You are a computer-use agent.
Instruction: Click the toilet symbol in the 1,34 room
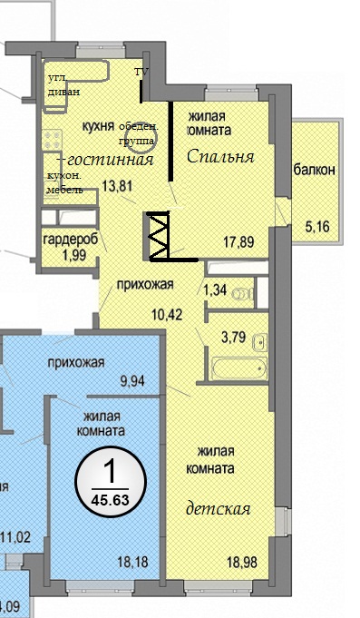click(x=243, y=294)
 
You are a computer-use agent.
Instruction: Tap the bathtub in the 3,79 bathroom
click(x=240, y=368)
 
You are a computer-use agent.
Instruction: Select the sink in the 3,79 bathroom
click(x=260, y=342)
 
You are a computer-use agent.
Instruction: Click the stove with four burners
click(x=53, y=140)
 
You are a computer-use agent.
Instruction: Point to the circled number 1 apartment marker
click(x=111, y=481)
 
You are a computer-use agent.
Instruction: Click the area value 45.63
click(x=111, y=501)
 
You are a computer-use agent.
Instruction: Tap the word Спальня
click(x=220, y=157)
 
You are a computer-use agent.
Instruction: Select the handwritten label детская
click(x=219, y=509)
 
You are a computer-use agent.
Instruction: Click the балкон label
click(x=315, y=170)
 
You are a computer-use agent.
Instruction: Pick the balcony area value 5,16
click(x=317, y=227)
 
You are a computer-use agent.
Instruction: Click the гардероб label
click(x=71, y=240)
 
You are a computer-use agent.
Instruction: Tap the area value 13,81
click(x=117, y=185)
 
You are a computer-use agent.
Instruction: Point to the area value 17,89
click(x=238, y=241)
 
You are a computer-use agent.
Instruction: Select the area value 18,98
click(x=242, y=562)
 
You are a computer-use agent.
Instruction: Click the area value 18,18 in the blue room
click(x=132, y=562)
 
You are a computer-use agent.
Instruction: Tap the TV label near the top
click(x=141, y=72)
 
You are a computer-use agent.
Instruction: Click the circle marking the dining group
click(x=141, y=138)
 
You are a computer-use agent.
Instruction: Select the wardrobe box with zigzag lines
click(x=158, y=236)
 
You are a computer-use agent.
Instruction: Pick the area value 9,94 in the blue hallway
click(x=132, y=381)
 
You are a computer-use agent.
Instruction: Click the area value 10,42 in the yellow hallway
click(x=167, y=314)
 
